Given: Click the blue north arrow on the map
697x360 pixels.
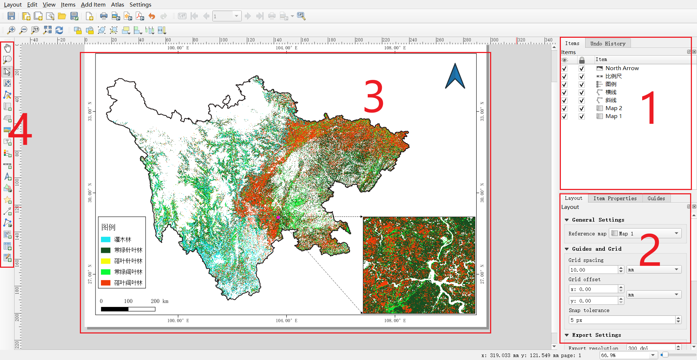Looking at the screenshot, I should (x=455, y=77).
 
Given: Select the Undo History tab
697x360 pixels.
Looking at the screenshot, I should (x=608, y=44).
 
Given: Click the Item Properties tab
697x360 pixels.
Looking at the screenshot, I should (x=615, y=198).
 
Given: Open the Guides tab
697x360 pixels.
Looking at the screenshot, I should (x=656, y=198).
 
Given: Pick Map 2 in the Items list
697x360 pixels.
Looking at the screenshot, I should (x=614, y=108).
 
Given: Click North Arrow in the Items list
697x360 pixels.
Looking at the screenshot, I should (x=622, y=68).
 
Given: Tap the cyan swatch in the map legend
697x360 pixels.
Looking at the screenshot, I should (x=106, y=239).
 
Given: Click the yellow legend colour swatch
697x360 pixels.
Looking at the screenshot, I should (x=106, y=261).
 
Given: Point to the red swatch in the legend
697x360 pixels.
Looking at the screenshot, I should (x=106, y=283).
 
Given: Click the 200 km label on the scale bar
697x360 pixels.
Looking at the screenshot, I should (x=159, y=301).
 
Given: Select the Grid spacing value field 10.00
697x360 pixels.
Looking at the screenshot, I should (x=593, y=270).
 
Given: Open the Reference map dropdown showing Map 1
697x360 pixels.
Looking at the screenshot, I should (x=645, y=233).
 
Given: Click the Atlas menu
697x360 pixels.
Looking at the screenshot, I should (x=117, y=5).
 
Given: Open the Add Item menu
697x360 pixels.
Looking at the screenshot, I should (x=93, y=5).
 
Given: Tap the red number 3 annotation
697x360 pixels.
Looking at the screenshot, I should (x=374, y=97).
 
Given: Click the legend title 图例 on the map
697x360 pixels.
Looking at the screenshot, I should (x=108, y=227).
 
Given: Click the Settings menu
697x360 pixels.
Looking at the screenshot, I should (x=140, y=5).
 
